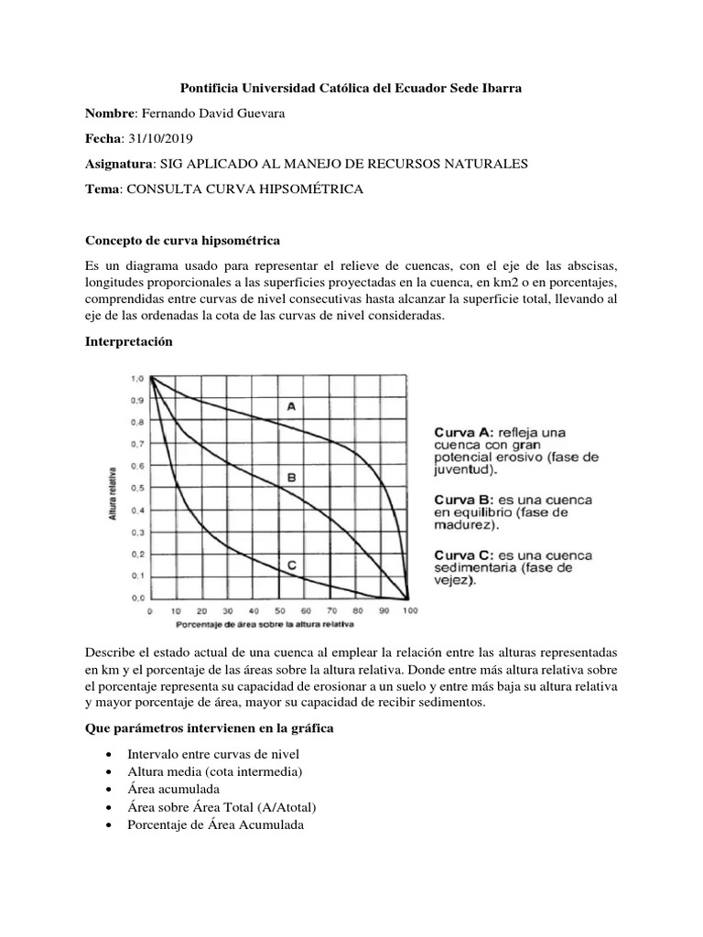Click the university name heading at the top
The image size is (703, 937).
[x=351, y=88]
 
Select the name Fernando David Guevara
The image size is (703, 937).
[x=225, y=113]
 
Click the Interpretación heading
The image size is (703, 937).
[x=127, y=340]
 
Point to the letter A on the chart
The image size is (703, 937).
[x=291, y=406]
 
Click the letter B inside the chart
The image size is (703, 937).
[x=291, y=477]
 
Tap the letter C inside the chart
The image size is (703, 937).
[x=291, y=565]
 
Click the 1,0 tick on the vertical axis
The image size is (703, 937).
[x=138, y=378]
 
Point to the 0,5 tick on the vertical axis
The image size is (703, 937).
[x=138, y=488]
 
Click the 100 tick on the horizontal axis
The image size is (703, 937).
[x=410, y=610]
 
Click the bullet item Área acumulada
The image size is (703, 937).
[x=174, y=788]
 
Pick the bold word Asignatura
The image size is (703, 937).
[x=119, y=163]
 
